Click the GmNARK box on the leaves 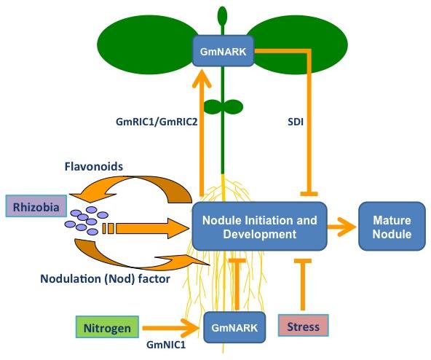pyautogui.click(x=223, y=51)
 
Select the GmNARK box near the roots pyautogui.click(x=234, y=327)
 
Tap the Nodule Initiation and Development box pyautogui.click(x=259, y=227)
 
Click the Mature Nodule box pyautogui.click(x=392, y=227)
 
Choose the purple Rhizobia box pyautogui.click(x=36, y=206)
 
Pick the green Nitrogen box pyautogui.click(x=107, y=327)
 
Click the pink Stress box pyautogui.click(x=303, y=326)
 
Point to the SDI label pyautogui.click(x=296, y=122)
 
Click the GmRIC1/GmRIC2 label pyautogui.click(x=157, y=122)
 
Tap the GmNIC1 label pyautogui.click(x=166, y=345)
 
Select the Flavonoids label pyautogui.click(x=94, y=166)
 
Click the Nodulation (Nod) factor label pyautogui.click(x=106, y=279)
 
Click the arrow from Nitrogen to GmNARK pyautogui.click(x=170, y=327)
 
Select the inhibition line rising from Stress pyautogui.click(x=303, y=285)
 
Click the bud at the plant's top pyautogui.click(x=222, y=16)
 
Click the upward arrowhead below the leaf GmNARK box pyautogui.click(x=202, y=79)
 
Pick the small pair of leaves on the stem pyautogui.click(x=224, y=106)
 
